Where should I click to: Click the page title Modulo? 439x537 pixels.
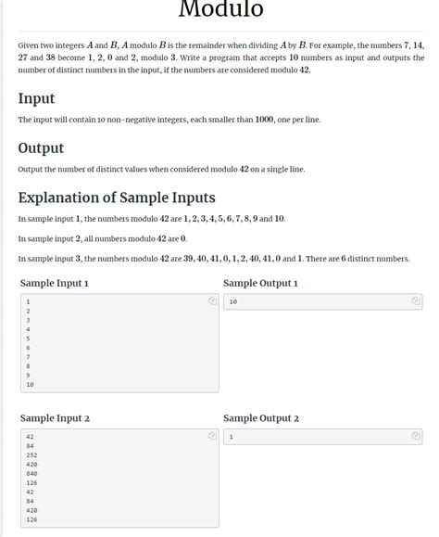(220, 10)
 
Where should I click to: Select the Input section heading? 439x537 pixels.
(36, 98)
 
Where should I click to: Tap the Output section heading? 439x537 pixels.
(41, 147)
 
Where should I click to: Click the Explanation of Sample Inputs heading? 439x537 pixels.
(117, 197)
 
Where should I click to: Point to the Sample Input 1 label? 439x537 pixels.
(55, 283)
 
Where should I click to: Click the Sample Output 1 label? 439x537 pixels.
(260, 283)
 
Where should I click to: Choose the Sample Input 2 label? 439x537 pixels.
(55, 418)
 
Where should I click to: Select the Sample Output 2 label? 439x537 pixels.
(261, 418)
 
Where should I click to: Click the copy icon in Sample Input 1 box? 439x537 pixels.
(212, 301)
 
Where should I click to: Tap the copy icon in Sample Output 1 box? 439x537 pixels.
(416, 301)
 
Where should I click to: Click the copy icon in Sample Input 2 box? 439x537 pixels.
(212, 436)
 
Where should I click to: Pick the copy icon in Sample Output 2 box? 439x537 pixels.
(416, 436)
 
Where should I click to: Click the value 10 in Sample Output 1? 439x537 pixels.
(232, 302)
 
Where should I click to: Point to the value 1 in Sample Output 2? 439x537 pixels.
(231, 437)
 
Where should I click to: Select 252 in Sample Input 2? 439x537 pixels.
(31, 455)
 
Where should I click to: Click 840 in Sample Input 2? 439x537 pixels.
(31, 474)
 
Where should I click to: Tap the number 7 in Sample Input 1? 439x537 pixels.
(29, 357)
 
